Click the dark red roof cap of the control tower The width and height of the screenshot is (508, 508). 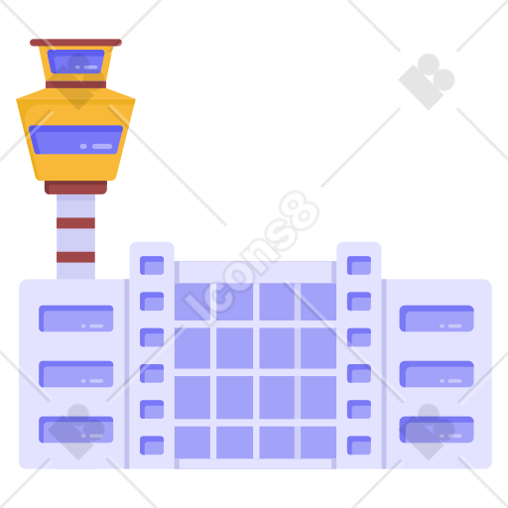[75, 43]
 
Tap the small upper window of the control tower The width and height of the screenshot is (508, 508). [75, 62]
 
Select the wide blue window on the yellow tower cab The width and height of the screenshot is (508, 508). [75, 140]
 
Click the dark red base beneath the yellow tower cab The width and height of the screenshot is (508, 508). [75, 188]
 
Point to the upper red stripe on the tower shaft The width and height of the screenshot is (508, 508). [75, 223]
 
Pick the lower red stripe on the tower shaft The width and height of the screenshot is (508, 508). [75, 257]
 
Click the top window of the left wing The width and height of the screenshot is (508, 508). [76, 318]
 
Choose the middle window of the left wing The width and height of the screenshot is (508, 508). [76, 374]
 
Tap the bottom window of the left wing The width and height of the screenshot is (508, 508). [76, 430]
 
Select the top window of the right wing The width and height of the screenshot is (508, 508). [437, 318]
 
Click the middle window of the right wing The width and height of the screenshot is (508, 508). [437, 374]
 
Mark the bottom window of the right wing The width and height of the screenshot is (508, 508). [437, 430]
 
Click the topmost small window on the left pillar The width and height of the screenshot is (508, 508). [152, 265]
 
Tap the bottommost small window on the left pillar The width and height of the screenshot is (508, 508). [152, 445]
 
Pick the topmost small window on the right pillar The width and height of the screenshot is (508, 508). [359, 265]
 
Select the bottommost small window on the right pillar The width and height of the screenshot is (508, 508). [359, 445]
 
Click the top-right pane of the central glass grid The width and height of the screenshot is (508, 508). [318, 302]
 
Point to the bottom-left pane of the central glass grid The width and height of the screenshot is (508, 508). [192, 443]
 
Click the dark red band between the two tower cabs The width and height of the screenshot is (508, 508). [75, 84]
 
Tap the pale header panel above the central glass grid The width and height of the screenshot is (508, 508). [255, 272]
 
